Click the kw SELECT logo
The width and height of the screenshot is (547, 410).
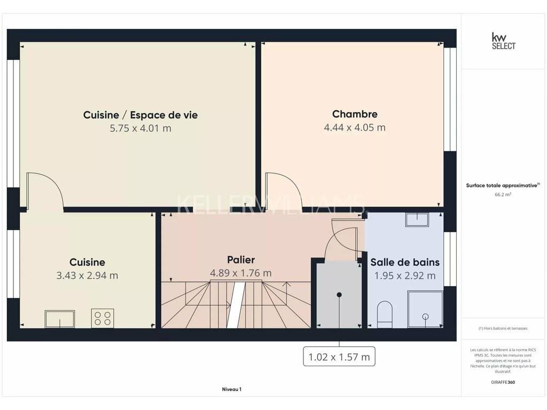pos(503,41)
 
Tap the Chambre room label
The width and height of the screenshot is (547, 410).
pos(355,114)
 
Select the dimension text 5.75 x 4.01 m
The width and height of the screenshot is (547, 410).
pos(140,128)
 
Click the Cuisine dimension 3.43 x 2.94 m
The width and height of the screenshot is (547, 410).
pos(87,275)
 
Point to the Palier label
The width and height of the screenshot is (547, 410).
pos(241,260)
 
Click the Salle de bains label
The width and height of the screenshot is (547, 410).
pos(405,262)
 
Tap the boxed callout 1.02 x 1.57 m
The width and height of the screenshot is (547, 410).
pos(339,357)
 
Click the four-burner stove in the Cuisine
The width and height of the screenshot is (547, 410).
pos(103,318)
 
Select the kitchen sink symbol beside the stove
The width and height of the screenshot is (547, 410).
pos(60,319)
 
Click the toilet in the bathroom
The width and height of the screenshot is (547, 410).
pos(385,314)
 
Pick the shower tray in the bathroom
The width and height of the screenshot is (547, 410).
pos(425,310)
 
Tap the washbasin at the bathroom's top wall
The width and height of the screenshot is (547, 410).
pos(417,219)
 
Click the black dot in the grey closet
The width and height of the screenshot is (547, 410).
pos(339,295)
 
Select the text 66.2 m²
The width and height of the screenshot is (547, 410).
pos(503,194)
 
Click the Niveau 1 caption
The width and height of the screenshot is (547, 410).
pos(232,389)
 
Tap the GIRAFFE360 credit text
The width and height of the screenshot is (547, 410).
pos(503,382)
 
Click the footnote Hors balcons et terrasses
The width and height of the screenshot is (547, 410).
pos(503,328)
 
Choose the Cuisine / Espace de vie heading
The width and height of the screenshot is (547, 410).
pos(140,115)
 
